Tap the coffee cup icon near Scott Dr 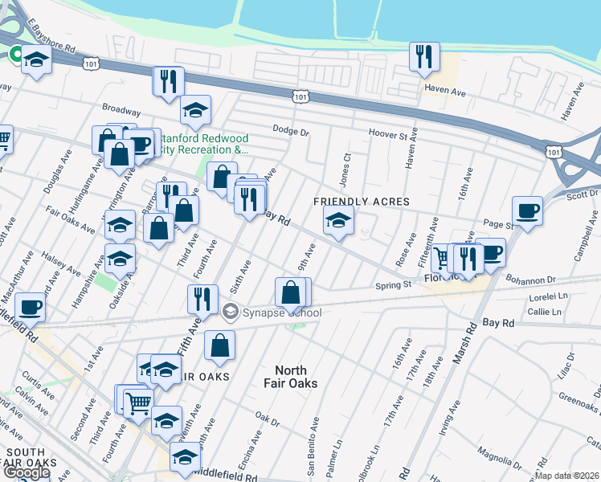click(527, 211)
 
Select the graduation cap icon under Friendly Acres click(338, 220)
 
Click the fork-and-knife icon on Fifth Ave click(202, 299)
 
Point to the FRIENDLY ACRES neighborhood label click(362, 202)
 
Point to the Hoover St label click(389, 133)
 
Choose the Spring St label click(394, 284)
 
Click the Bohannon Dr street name click(531, 280)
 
